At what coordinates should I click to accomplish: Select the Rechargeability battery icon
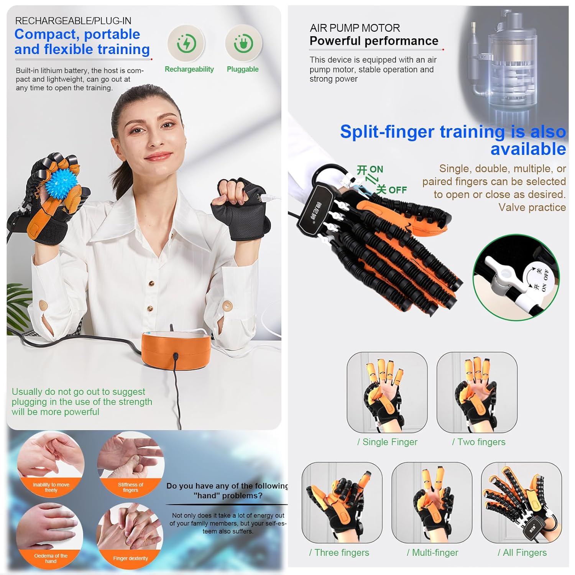[187, 43]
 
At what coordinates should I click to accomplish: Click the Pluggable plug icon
[243, 43]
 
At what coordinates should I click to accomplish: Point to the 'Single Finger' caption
[388, 442]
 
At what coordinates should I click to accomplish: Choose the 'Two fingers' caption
[479, 442]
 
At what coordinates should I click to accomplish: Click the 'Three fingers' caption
[339, 552]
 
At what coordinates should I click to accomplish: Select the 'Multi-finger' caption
[433, 552]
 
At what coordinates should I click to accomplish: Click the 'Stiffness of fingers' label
[130, 487]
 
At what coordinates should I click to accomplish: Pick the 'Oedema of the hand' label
[51, 558]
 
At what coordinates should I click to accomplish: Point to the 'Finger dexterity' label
[130, 558]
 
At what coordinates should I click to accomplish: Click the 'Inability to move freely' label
[51, 487]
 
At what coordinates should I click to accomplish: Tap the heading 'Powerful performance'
[374, 41]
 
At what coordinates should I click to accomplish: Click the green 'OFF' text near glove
[398, 190]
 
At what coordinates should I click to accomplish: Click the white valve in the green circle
[498, 272]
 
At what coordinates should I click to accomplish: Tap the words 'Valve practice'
[532, 207]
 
